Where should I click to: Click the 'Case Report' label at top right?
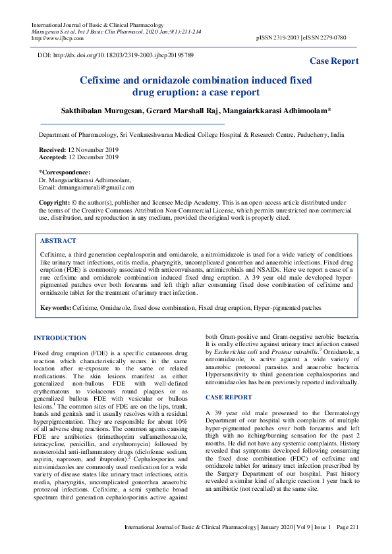coord(335,61)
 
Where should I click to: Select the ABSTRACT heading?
coord(58,241)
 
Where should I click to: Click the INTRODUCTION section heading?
coord(60,338)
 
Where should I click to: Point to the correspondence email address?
coord(96,188)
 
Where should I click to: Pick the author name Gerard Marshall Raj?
coord(200,111)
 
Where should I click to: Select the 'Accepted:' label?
coord(53,158)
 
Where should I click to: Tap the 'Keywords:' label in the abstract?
coord(55,308)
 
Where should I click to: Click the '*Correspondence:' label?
coord(65,172)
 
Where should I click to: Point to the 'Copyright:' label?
coord(54,203)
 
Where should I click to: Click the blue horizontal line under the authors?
coord(132,124)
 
